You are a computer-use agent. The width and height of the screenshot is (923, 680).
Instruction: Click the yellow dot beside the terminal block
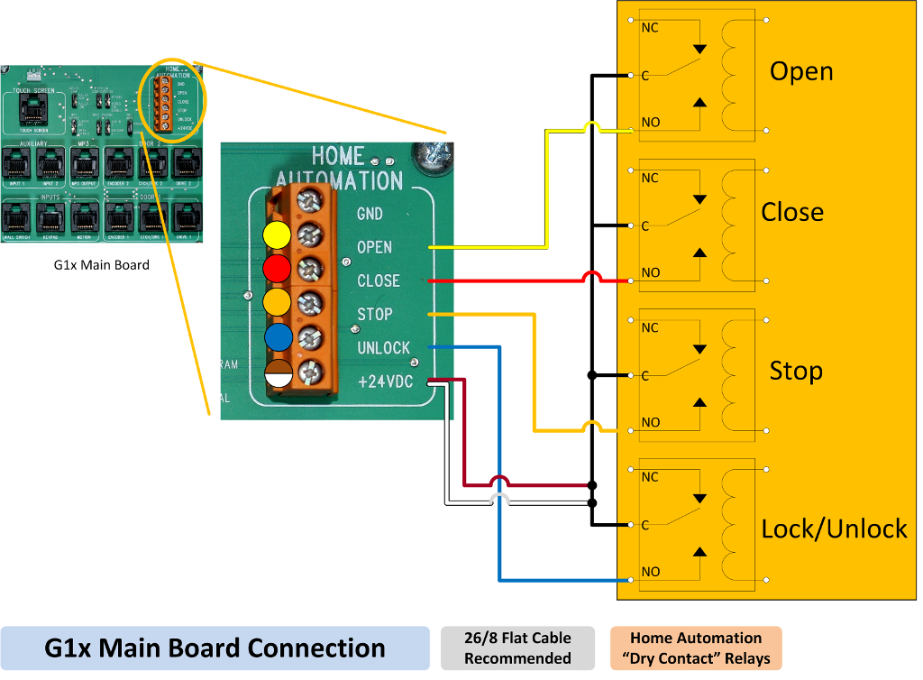coord(276,236)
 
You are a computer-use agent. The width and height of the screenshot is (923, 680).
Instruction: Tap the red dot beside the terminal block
coord(276,269)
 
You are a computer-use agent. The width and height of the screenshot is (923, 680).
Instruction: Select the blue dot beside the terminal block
coord(278,337)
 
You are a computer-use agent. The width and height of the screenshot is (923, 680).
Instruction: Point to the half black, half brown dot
coord(278,372)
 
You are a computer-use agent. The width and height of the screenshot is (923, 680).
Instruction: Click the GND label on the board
coord(370,214)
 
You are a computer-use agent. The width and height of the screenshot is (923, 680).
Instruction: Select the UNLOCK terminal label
coord(383,348)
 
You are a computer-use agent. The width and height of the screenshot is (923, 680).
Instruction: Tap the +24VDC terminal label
coord(385,381)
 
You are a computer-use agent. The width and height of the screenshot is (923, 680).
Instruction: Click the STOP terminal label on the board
coord(375,315)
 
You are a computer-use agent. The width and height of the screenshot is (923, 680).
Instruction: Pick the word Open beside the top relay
coord(800,72)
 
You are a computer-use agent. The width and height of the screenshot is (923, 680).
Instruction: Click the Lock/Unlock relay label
coord(834,528)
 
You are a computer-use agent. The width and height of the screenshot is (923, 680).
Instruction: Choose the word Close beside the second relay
coord(791,212)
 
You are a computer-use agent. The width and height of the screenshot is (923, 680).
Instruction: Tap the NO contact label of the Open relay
coord(650,122)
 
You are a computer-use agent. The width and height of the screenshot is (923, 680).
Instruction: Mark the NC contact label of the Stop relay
coord(650,328)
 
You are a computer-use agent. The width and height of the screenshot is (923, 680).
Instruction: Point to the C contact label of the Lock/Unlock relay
coord(645,525)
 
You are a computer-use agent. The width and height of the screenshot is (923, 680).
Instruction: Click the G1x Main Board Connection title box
coord(215,648)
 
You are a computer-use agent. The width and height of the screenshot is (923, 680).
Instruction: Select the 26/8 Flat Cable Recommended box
coord(517,648)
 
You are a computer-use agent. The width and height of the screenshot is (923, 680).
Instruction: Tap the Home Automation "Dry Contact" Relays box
coord(695,648)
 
